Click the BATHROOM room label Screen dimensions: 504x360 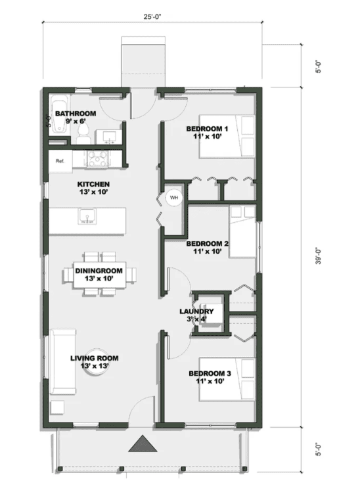pos(76,114)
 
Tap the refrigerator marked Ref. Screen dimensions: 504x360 pos(60,161)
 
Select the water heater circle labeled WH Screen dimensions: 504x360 pos(174,197)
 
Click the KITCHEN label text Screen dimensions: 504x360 pos(93,184)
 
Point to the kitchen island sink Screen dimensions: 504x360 pos(87,217)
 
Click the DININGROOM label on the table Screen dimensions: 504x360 pos(99,271)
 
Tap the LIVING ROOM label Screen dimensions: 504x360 pos(95,358)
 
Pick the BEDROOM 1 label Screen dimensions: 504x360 pos(207,128)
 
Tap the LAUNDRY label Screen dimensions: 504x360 pos(196,311)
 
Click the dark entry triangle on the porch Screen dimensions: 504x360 pos(145,445)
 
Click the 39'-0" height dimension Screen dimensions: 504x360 pos(318,256)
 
